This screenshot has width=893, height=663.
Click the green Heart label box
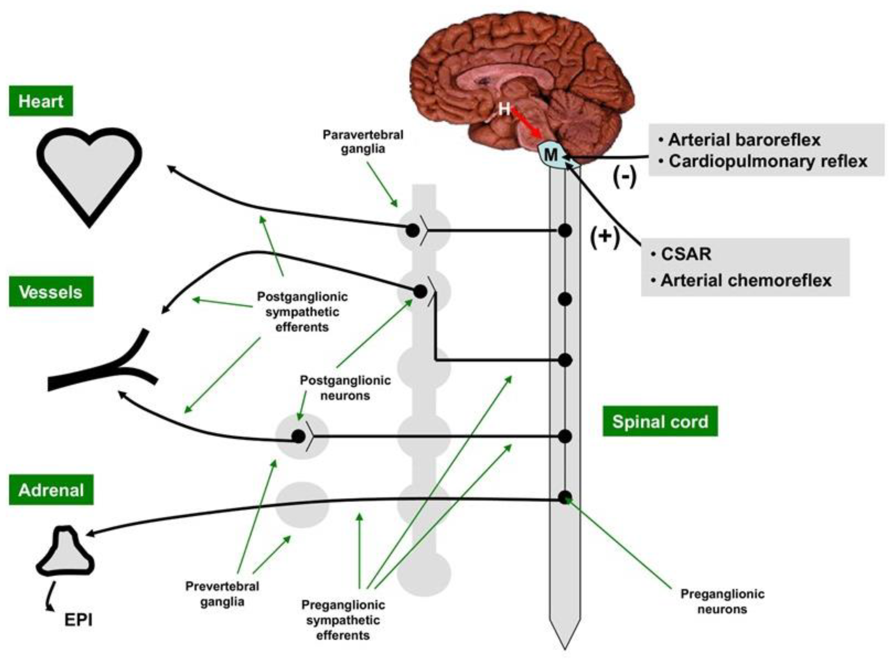41,101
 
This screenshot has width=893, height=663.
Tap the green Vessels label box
51,292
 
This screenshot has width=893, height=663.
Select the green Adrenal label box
51,490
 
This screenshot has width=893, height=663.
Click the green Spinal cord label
660,421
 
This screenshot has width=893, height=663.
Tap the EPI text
78,620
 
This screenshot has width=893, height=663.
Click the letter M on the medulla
551,155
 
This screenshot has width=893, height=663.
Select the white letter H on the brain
504,108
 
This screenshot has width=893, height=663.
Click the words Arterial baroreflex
744,140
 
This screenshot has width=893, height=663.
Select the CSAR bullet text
686,254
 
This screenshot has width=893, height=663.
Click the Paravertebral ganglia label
363,141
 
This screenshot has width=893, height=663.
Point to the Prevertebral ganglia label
222,594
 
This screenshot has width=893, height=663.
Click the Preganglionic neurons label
722,601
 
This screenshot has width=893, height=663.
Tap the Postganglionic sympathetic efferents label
302,312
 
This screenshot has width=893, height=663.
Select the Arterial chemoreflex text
746,280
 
